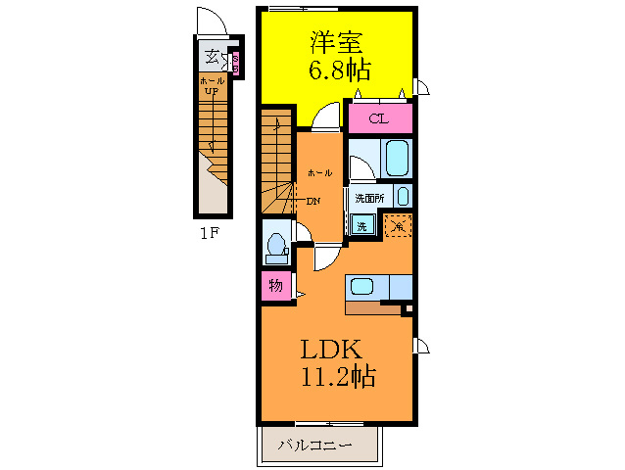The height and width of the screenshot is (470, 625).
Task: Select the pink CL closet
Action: pyautogui.click(x=377, y=119)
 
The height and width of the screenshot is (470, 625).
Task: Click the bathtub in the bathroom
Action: pyautogui.click(x=396, y=157)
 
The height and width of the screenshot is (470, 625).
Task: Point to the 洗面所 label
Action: pyautogui.click(x=369, y=197)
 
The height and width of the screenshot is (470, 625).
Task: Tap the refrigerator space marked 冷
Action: pyautogui.click(x=398, y=225)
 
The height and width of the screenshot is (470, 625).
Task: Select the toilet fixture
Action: pyautogui.click(x=275, y=246)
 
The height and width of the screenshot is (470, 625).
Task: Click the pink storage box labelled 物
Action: pyautogui.click(x=274, y=287)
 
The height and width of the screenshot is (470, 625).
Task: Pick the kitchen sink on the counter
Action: pyautogui.click(x=361, y=288)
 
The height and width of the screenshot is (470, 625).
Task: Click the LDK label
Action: pyautogui.click(x=332, y=349)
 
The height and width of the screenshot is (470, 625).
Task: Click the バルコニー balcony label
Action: pyautogui.click(x=315, y=445)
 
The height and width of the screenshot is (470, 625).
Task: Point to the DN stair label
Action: pyautogui.click(x=313, y=202)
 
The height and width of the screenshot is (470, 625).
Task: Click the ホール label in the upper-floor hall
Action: pyautogui.click(x=318, y=172)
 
